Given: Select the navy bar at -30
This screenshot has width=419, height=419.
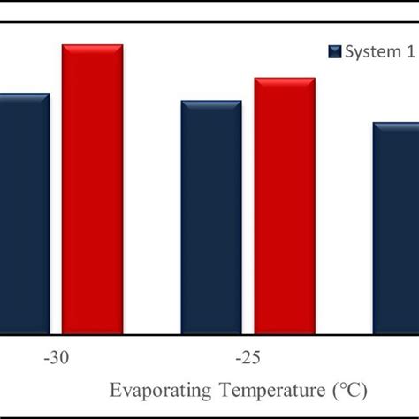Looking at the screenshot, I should [24, 212].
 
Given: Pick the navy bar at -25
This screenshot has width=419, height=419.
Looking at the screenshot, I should [211, 217].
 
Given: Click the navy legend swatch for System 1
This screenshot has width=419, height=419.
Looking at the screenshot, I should [334, 52].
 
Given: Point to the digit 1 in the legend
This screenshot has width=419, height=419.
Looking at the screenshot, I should [409, 52].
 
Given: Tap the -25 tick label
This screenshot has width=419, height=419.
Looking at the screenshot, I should [248, 360].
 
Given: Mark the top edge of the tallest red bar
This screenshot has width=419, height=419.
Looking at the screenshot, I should [92, 44].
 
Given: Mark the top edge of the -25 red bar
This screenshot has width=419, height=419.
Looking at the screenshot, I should [285, 79].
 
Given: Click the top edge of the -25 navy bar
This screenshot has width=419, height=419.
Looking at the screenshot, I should [211, 102].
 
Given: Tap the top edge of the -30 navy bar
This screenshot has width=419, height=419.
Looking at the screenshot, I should [24, 94].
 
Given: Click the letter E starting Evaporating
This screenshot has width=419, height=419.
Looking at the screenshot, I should [114, 390].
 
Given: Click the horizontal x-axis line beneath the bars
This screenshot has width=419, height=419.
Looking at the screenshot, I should [209, 334].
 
